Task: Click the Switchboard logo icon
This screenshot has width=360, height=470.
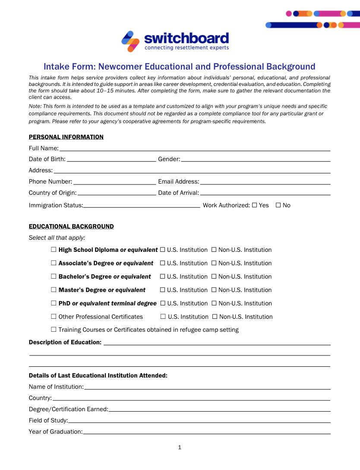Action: point(130,41)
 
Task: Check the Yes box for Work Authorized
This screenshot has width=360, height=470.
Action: point(254,205)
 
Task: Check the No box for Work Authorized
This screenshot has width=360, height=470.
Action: point(278,205)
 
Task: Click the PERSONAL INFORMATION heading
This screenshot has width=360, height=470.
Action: point(66,137)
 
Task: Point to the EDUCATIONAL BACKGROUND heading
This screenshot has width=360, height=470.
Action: point(71,226)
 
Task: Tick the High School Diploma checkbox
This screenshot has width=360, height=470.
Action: point(54,250)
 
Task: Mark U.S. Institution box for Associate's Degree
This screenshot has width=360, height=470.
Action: point(163,263)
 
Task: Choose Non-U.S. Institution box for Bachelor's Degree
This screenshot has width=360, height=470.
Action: point(214,276)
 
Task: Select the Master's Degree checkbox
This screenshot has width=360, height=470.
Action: point(54,290)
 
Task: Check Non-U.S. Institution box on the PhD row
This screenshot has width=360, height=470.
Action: point(214,303)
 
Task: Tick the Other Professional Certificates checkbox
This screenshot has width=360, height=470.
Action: point(54,317)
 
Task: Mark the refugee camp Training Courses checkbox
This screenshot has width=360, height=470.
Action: point(54,330)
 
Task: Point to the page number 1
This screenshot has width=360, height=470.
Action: point(180,448)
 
